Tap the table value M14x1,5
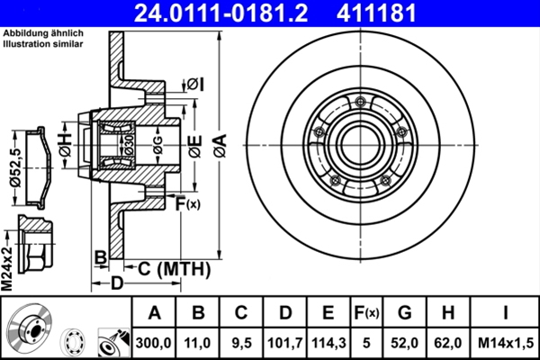pos(507,342)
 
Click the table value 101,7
pos(284,342)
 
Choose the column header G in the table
pos(405,313)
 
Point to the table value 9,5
pos(241,342)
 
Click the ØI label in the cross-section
pos(195,84)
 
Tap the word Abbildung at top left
pos(24,33)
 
